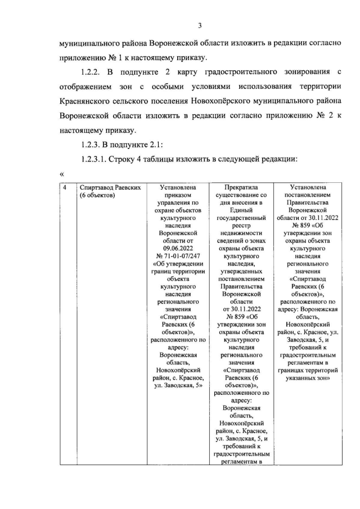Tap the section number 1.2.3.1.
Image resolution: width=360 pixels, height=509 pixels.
(99, 160)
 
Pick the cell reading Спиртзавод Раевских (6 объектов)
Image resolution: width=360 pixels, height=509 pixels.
(109, 191)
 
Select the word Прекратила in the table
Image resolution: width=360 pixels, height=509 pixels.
(240, 187)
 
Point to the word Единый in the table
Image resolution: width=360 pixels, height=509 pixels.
(240, 209)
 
